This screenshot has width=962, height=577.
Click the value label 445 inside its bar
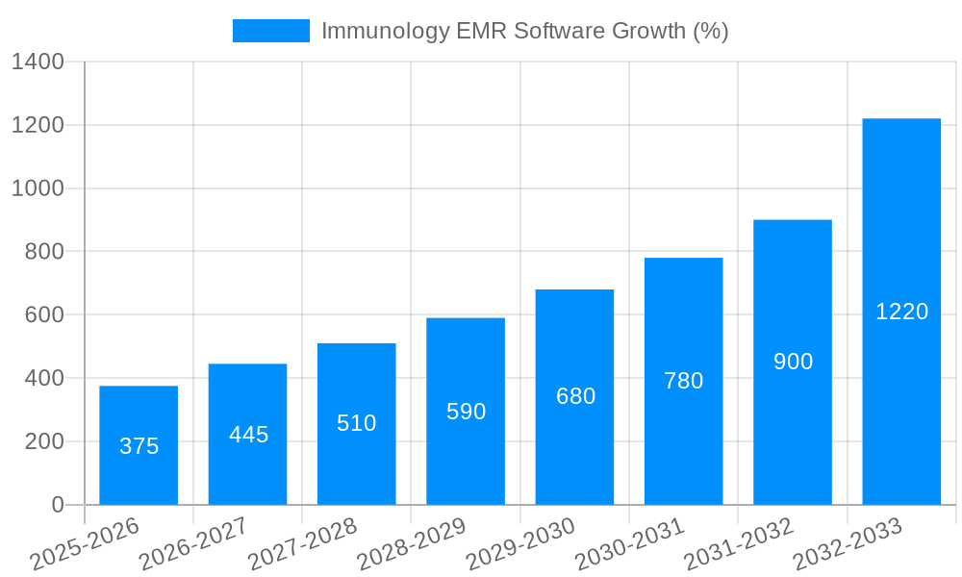[x=248, y=435]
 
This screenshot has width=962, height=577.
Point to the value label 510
[x=357, y=423]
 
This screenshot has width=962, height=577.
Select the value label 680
[x=575, y=396]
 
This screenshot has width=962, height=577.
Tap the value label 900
[x=793, y=362]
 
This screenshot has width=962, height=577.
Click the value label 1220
[x=901, y=312]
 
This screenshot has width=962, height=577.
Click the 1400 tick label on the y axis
[x=38, y=63]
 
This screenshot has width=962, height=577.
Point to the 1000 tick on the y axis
[x=38, y=188]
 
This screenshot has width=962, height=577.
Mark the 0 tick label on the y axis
[x=57, y=505]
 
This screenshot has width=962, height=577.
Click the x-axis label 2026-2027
[x=193, y=544]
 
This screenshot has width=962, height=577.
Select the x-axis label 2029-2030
[x=520, y=544]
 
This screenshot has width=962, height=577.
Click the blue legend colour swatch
[x=270, y=31]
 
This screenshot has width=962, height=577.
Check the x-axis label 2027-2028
[x=303, y=544]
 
